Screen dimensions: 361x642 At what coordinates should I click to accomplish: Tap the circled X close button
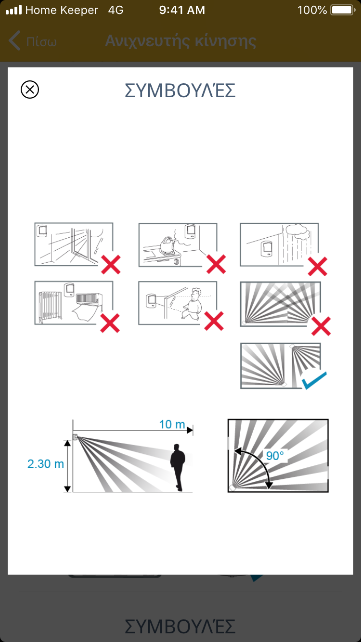(30, 90)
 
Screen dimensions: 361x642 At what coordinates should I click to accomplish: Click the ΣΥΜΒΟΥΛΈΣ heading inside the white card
(180, 90)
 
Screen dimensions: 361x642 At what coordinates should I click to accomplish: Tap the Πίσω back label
(41, 42)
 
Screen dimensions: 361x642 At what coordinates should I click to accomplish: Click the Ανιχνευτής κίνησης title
(180, 41)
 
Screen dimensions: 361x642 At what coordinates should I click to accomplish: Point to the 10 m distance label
(172, 424)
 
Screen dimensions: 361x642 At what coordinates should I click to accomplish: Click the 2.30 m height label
(46, 464)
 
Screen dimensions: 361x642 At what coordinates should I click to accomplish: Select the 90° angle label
(275, 455)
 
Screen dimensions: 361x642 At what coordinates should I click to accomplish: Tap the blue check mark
(314, 380)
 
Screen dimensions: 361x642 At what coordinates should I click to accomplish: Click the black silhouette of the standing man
(178, 467)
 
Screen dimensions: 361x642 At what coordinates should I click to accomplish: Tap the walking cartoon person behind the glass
(192, 304)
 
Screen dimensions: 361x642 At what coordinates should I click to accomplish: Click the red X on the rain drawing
(317, 267)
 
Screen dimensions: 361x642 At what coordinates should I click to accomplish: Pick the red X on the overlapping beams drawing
(321, 326)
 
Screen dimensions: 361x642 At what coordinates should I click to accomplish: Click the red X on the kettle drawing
(216, 264)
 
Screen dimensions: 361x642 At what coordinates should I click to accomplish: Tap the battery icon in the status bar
(343, 10)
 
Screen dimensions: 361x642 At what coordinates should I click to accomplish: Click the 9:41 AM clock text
(182, 10)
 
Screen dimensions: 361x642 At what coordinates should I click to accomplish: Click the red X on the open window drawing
(111, 265)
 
